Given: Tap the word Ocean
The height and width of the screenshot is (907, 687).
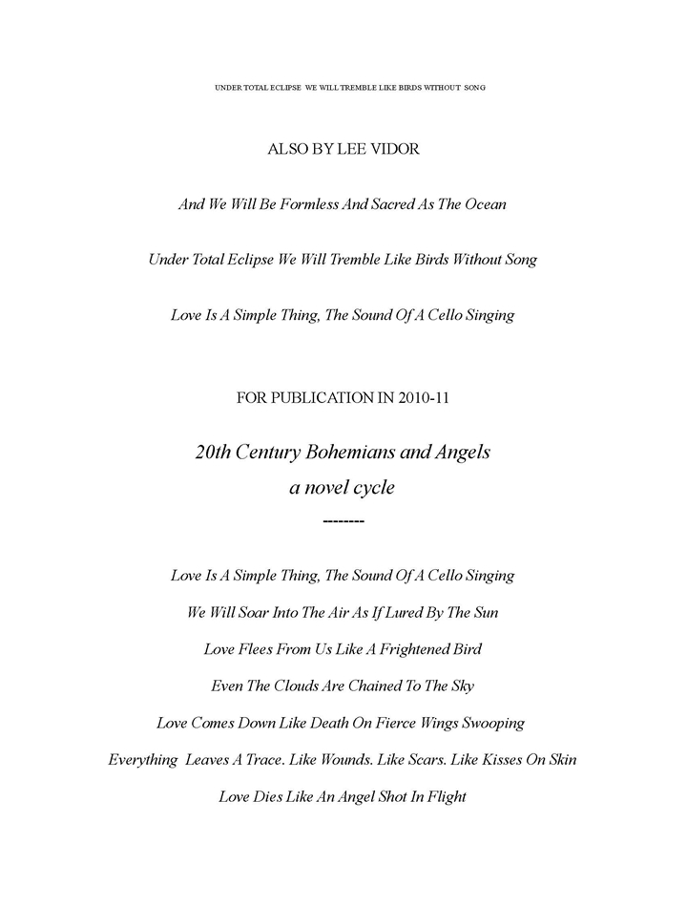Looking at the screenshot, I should (481, 204).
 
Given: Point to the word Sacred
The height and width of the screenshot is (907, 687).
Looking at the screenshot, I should (376, 204).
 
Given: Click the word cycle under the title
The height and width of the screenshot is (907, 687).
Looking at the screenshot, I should (369, 488).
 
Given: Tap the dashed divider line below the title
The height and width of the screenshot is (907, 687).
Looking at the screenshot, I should (343, 521).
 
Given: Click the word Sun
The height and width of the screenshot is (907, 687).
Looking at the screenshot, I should (485, 612).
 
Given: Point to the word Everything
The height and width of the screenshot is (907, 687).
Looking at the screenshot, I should (143, 760).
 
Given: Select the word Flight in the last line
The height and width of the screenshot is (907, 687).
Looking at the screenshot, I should (443, 796).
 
